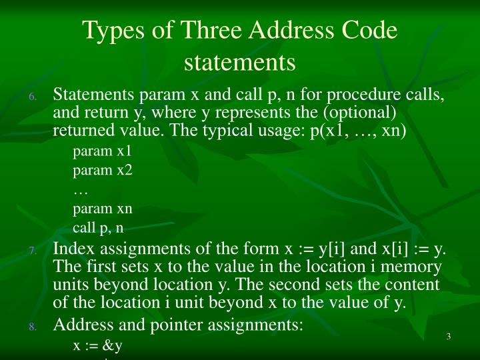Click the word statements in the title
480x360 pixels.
pos(239,62)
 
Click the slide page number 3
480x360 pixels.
pos(449,336)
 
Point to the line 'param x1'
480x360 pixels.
pos(102,151)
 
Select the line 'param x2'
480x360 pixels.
pos(103,170)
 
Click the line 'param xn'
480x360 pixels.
pos(103,209)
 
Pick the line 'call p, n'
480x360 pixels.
pos(98,228)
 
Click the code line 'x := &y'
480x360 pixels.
pos(97,346)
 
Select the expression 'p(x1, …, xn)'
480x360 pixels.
pos(358,130)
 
